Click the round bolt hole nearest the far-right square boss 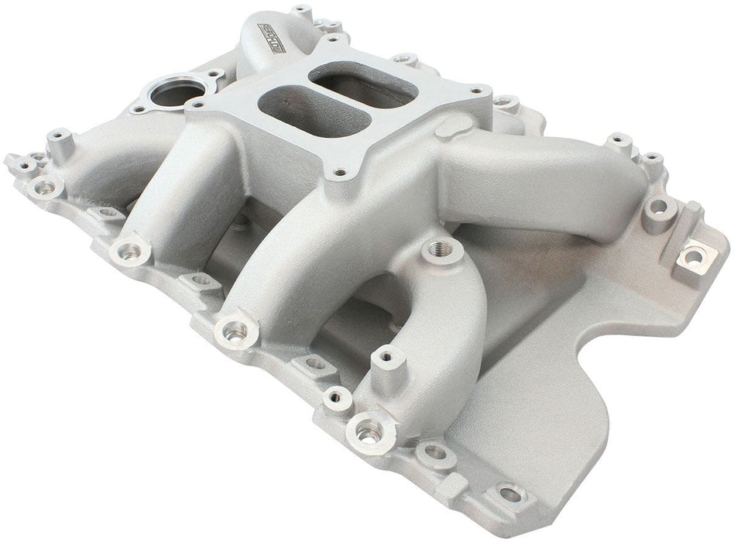coord(659,208)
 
